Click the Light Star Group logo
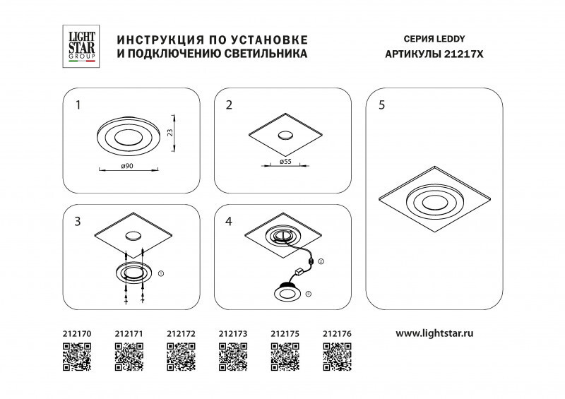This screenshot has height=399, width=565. point(78,47)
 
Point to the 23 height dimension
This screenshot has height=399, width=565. point(170,132)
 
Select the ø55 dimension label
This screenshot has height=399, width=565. point(286,162)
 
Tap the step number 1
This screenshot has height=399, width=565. point(78,106)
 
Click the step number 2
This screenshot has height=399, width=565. point(229,106)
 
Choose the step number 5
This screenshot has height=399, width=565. point(381,106)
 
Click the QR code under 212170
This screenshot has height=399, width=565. point(77,357)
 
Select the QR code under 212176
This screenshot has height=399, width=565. point(337,357)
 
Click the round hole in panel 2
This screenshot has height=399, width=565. point(285,136)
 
